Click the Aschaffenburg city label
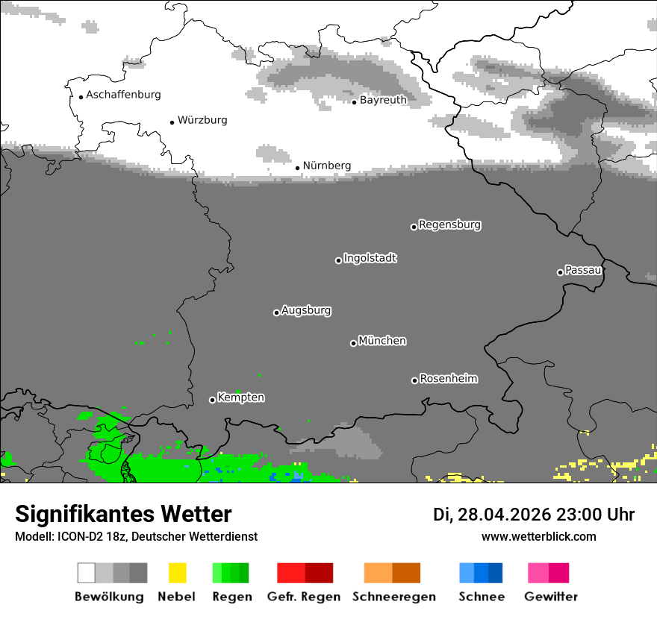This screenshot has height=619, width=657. click(123, 95)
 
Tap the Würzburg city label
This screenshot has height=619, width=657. click(202, 120)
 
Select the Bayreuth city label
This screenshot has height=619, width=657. click(383, 100)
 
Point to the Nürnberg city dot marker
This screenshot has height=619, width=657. click(297, 168)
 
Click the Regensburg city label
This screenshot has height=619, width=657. click(449, 224)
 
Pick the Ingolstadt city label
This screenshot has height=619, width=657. click(370, 258)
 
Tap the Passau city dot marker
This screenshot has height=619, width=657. click(560, 272)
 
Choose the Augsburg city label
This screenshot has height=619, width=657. click(306, 310)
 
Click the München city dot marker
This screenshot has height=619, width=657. click(353, 343)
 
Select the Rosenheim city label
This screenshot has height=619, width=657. click(448, 379)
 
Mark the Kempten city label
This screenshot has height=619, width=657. click(240, 398)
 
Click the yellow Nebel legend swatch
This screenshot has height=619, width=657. click(177, 573)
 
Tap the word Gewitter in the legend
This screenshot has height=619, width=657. click(550, 597)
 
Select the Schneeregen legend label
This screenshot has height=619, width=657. click(394, 597)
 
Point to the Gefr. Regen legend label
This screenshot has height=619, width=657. click(304, 597)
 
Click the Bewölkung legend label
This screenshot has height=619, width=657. click(109, 597)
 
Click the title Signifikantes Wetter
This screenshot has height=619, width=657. click(123, 514)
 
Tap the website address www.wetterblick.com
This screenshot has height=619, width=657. click(538, 536)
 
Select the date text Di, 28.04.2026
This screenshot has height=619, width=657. click(492, 515)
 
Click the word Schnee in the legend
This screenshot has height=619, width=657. click(481, 597)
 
